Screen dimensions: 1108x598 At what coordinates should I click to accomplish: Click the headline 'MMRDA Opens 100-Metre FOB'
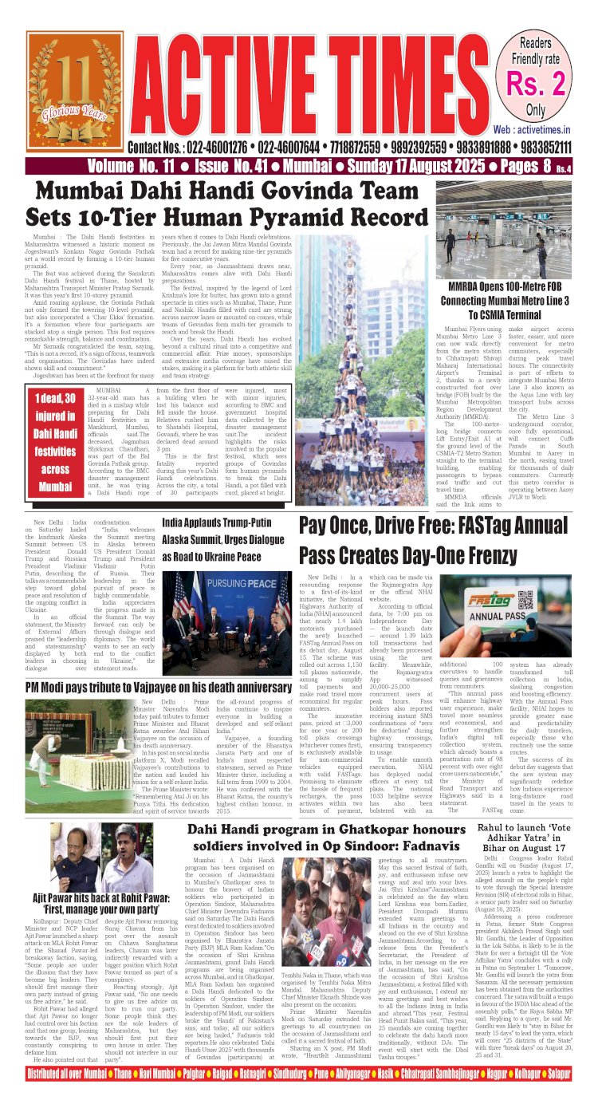(519, 290)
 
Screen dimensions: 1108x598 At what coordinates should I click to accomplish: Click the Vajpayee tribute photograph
(81, 745)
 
